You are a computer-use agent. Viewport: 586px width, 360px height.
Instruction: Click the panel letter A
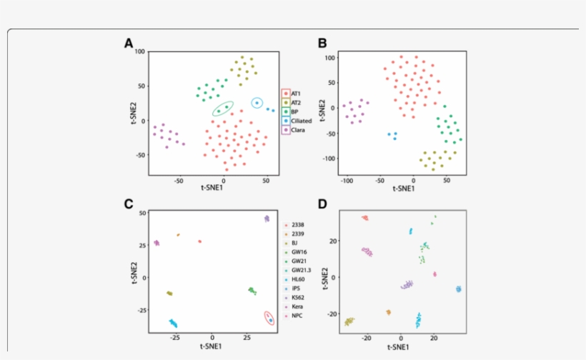click(x=129, y=44)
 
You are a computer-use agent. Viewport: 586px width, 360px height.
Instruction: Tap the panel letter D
click(x=322, y=204)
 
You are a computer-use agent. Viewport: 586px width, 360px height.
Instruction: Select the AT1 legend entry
click(x=295, y=94)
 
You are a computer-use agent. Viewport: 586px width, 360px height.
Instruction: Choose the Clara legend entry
click(x=295, y=131)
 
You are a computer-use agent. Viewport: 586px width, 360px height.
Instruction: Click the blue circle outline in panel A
click(x=257, y=103)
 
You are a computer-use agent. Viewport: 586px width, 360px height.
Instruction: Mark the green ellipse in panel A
click(x=223, y=109)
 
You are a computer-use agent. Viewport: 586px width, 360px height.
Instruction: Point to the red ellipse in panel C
click(x=269, y=319)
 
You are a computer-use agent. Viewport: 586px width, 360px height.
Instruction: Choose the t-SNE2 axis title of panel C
click(x=133, y=274)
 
